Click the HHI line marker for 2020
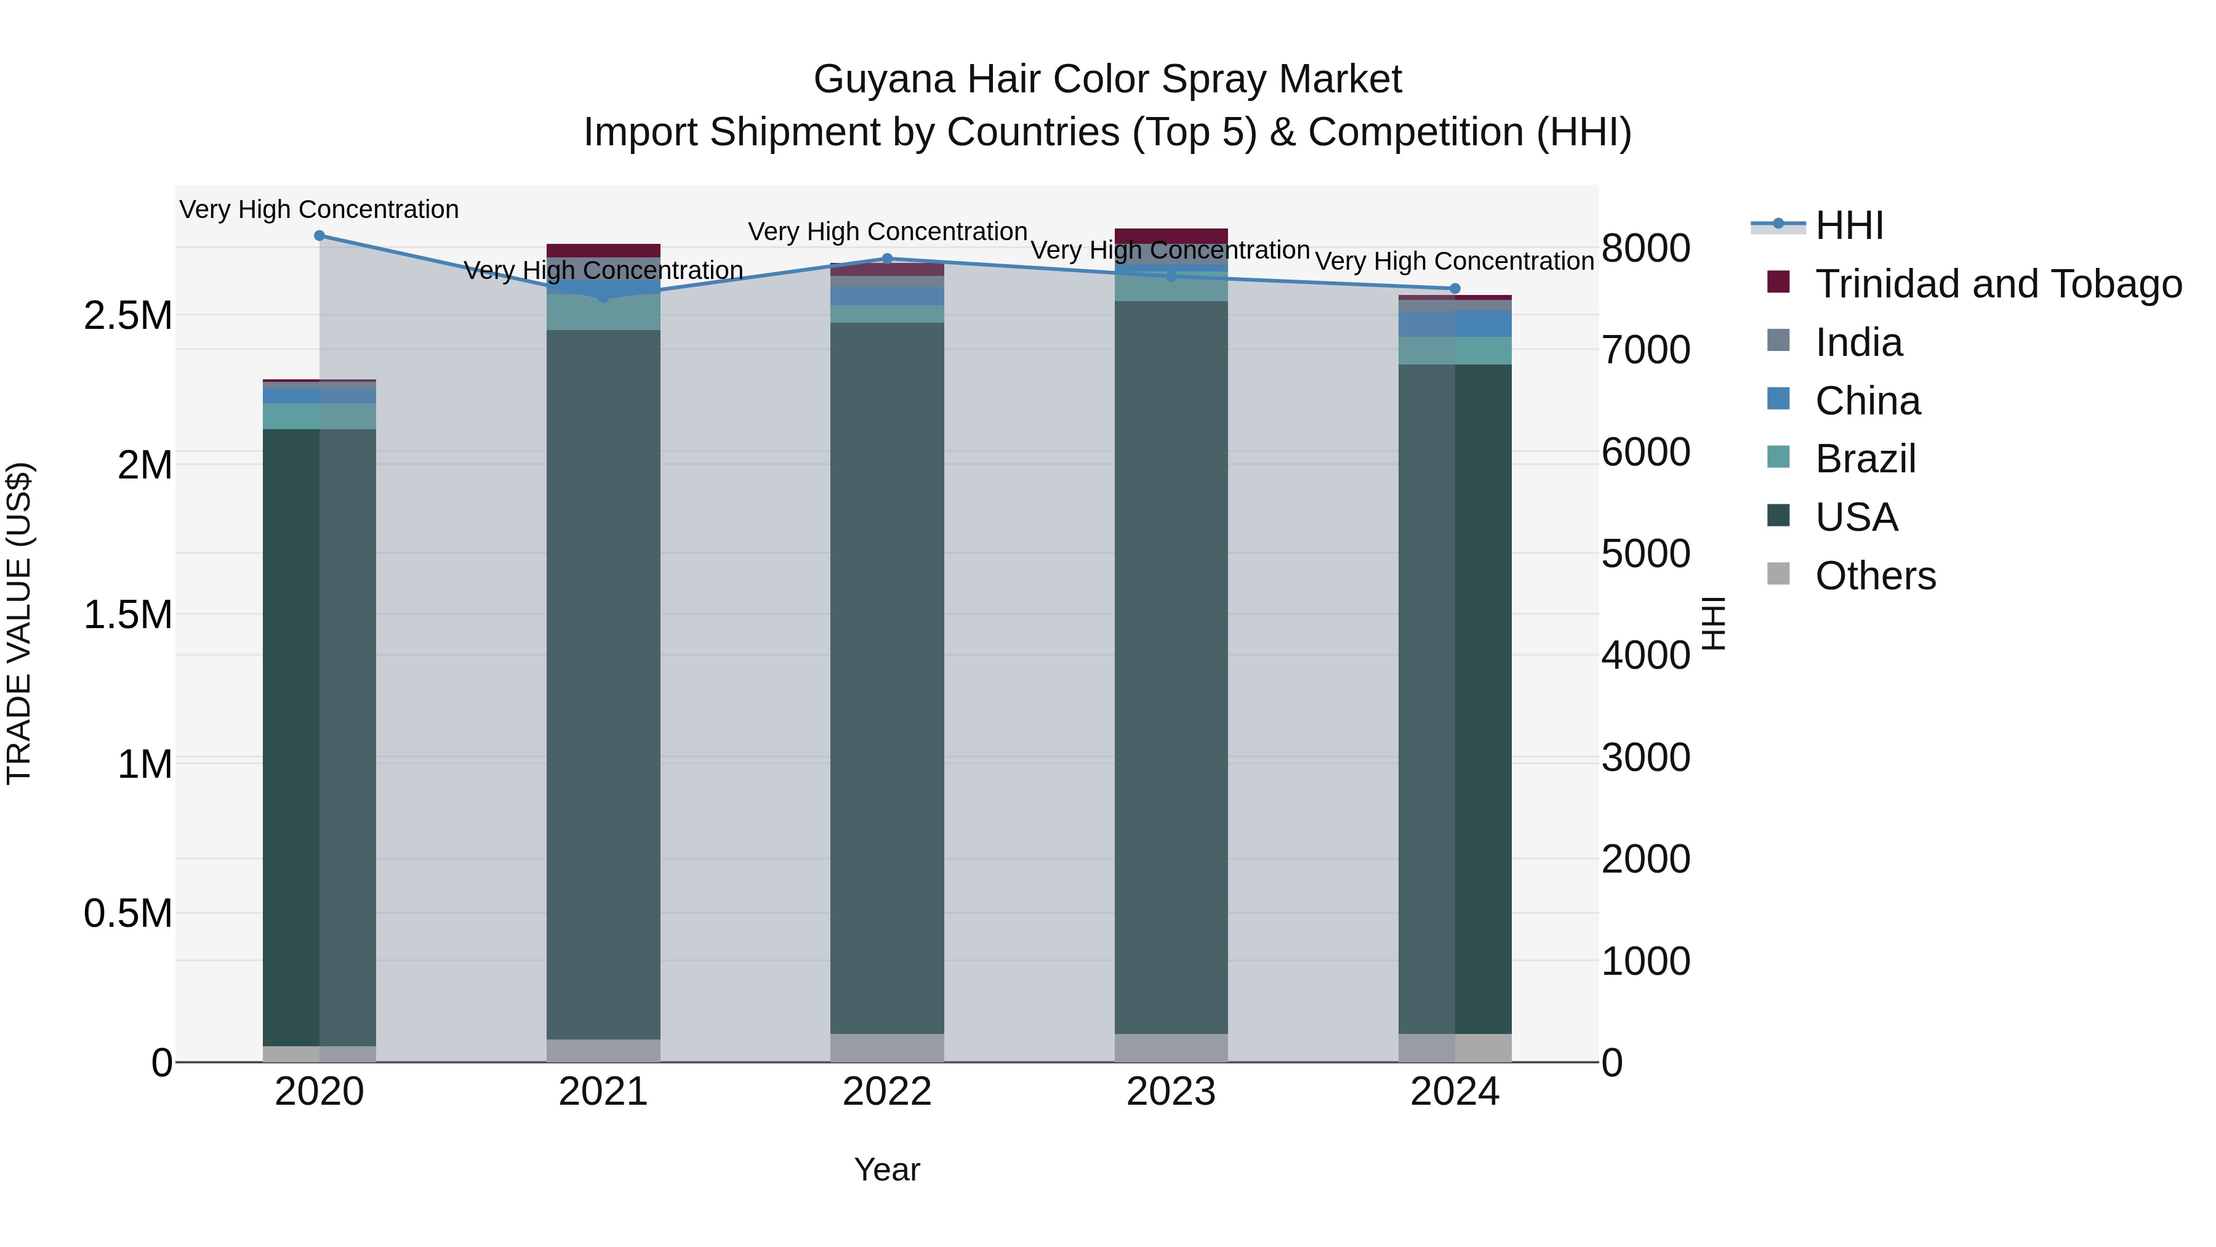[319, 236]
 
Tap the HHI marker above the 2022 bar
[887, 258]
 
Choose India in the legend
[1858, 342]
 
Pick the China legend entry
[1867, 401]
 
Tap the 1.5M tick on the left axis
[128, 615]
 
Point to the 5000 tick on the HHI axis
[1645, 554]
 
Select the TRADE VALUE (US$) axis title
[19, 623]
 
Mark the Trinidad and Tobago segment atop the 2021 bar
[603, 251]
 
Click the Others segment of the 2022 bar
[887, 1047]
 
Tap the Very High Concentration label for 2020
[319, 210]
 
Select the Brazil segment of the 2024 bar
[1455, 351]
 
